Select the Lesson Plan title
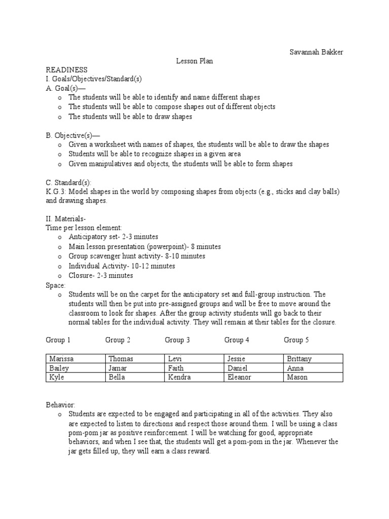click(194, 61)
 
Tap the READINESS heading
click(67, 69)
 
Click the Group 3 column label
click(177, 340)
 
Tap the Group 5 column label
click(296, 340)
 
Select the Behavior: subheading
click(60, 405)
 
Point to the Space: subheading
click(55, 285)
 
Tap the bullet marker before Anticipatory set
click(60, 237)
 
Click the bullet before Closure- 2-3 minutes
click(60, 276)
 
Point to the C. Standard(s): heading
click(69, 182)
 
